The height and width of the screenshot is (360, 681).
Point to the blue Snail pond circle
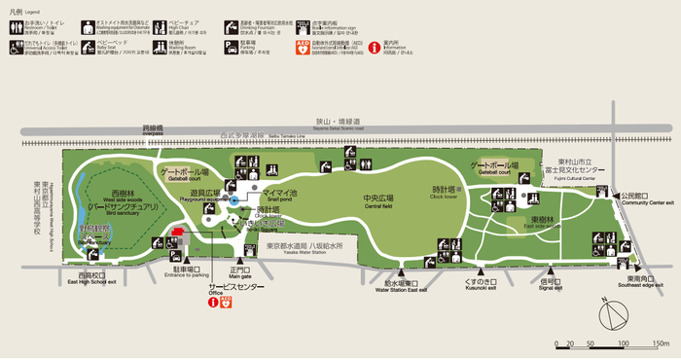(x=233, y=201)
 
